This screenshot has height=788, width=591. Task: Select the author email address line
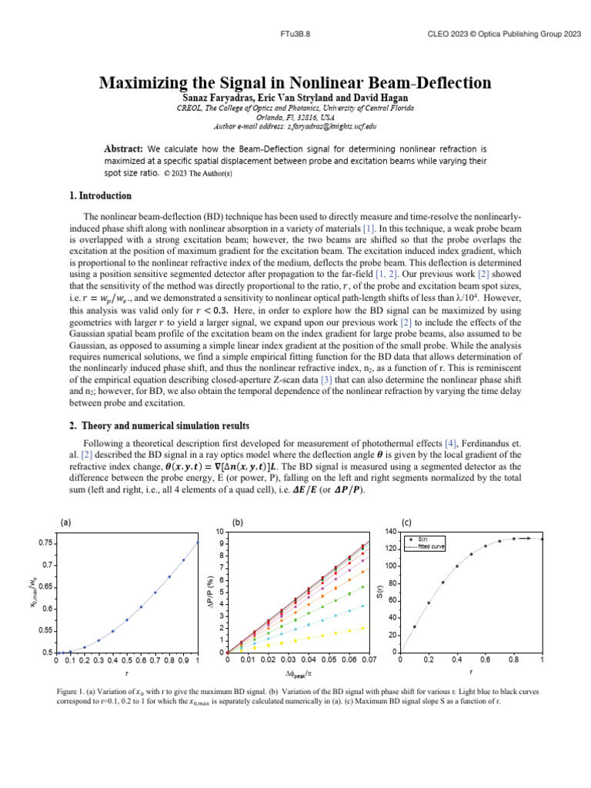point(294,125)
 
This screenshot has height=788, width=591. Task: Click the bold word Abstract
point(123,148)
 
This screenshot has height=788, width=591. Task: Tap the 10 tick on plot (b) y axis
point(220,531)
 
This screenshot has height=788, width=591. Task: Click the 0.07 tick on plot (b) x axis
point(369,660)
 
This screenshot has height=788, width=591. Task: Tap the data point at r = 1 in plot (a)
point(198,543)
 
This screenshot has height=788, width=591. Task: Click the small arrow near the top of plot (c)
point(525,539)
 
